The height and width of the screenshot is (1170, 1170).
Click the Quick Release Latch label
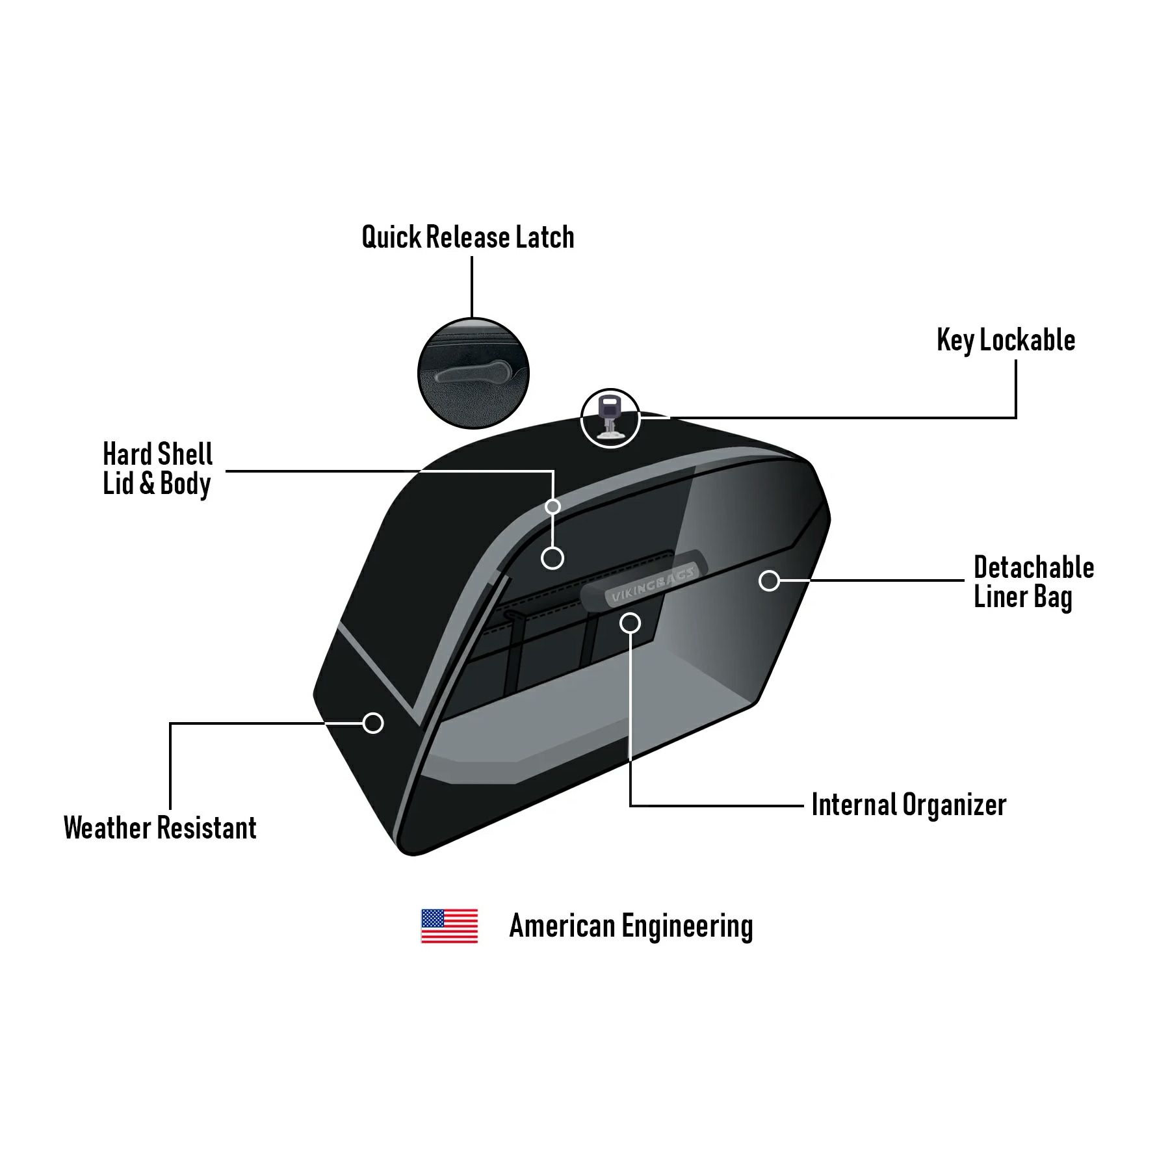click(x=468, y=237)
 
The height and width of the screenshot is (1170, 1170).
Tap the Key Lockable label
click(x=1006, y=340)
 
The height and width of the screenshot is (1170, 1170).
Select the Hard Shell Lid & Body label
click(x=157, y=469)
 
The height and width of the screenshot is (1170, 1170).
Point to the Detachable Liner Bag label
click(x=1033, y=582)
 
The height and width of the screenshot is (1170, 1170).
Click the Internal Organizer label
click(x=909, y=805)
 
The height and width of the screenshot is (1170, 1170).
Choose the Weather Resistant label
click(x=160, y=827)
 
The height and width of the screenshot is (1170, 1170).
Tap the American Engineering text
click(x=630, y=926)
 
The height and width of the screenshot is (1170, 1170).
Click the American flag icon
click(x=449, y=926)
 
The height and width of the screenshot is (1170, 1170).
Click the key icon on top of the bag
click(x=610, y=418)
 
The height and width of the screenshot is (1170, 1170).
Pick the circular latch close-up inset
click(x=473, y=373)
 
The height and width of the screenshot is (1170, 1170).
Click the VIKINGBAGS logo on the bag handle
click(x=652, y=584)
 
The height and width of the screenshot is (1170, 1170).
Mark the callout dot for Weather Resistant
click(x=372, y=723)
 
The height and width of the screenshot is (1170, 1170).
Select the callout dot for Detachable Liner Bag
click(x=769, y=580)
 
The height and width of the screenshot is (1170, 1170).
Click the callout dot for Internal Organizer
click(x=630, y=623)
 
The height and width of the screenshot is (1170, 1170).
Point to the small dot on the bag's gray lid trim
click(x=552, y=506)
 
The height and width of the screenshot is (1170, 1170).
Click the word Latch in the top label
click(x=545, y=237)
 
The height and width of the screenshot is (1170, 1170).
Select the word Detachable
click(x=1033, y=567)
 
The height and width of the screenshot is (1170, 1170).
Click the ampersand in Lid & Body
click(x=147, y=484)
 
